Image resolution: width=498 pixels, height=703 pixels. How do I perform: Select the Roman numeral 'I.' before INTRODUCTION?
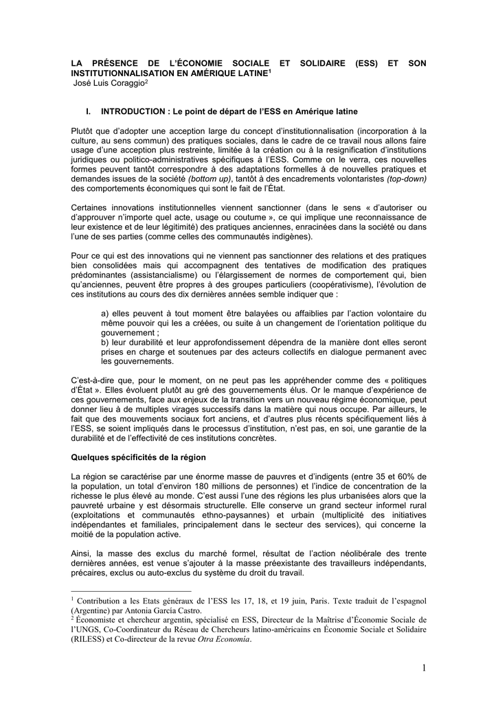[x=89, y=111]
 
